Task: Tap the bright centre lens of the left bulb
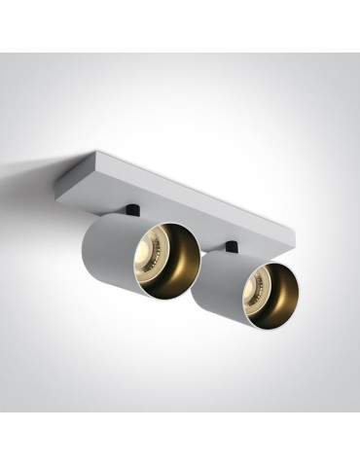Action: pos(155,254)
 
